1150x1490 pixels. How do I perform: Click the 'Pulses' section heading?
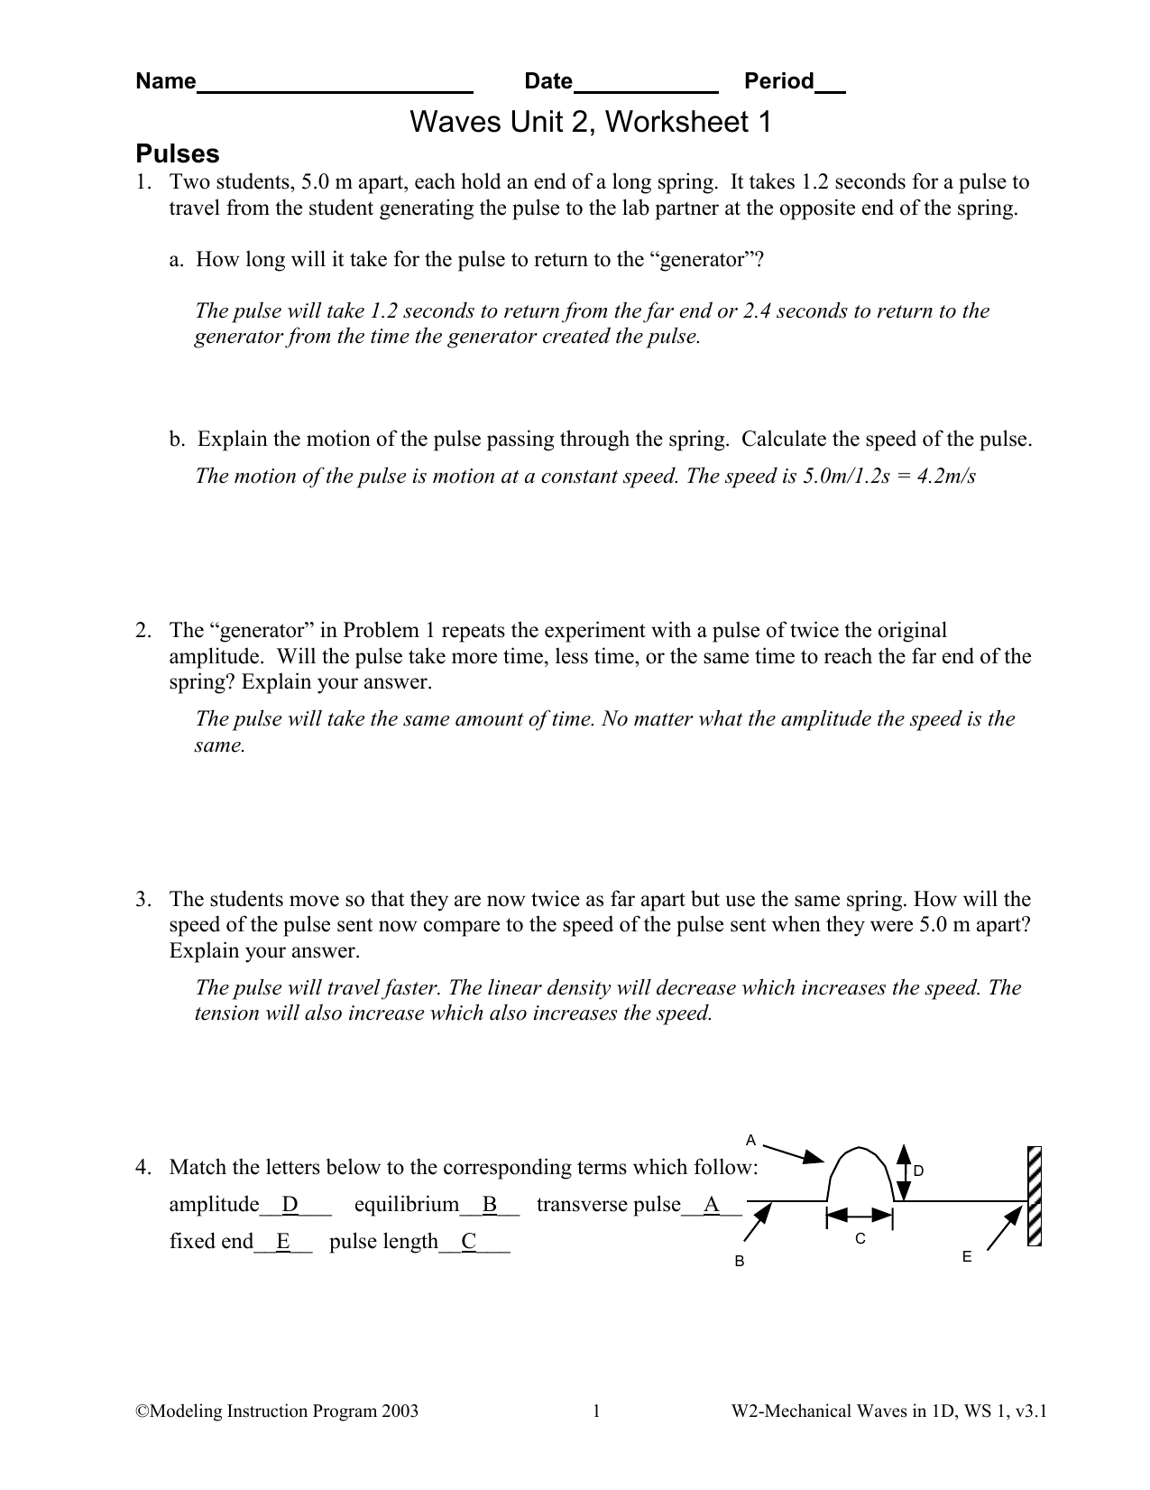177,153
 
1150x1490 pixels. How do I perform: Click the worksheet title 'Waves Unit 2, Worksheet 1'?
591,122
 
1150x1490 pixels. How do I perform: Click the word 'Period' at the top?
778,82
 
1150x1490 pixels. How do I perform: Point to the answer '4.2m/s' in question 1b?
946,477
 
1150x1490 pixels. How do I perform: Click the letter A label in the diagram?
750,1139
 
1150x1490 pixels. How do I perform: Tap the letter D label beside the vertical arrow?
918,1171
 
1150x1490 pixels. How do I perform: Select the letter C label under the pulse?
860,1240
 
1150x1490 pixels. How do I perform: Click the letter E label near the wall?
967,1257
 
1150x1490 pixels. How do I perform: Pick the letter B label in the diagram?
739,1261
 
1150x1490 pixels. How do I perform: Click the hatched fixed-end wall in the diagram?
1035,1196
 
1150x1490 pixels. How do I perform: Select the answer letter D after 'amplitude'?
290,1206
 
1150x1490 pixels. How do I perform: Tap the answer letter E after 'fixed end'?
283,1243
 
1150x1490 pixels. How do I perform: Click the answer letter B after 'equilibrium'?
490,1206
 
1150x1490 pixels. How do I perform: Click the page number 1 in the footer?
596,1412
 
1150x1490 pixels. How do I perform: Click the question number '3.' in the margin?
143,900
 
